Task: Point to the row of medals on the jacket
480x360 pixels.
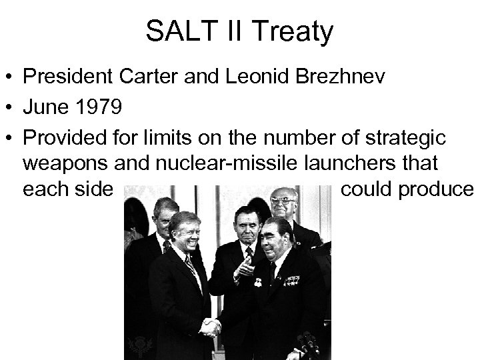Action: click(x=291, y=281)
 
